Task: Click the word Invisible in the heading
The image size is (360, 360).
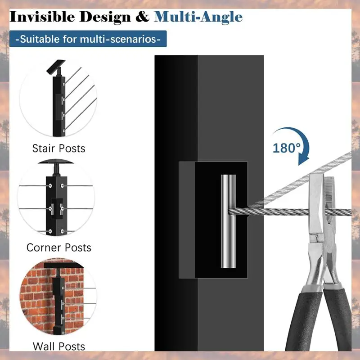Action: tap(42, 17)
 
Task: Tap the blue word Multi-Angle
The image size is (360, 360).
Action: tap(198, 17)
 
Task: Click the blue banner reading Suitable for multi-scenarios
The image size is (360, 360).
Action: tap(88, 39)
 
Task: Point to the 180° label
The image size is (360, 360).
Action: tap(286, 148)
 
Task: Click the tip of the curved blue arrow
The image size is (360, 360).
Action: tap(302, 165)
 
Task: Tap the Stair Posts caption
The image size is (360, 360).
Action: tap(59, 148)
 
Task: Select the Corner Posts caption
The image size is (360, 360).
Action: tap(59, 247)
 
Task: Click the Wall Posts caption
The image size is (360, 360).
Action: tap(59, 346)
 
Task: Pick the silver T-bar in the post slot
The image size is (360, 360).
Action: tap(229, 221)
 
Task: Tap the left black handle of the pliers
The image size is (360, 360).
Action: tap(304, 321)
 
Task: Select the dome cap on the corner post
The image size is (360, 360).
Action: tap(56, 162)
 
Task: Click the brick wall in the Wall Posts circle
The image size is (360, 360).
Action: tap(37, 296)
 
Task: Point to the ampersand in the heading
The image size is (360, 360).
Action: tap(142, 17)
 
